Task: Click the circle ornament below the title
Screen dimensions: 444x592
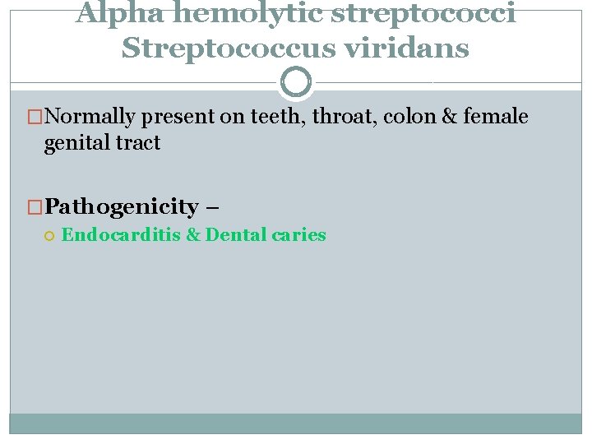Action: click(x=296, y=82)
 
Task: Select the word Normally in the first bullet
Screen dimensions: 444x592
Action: click(x=90, y=118)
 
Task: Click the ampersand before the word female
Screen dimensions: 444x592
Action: click(x=449, y=118)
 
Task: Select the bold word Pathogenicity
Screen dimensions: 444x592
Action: click(x=122, y=206)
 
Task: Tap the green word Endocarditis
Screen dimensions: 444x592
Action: click(x=122, y=235)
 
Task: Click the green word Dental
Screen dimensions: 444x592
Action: click(x=237, y=235)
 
